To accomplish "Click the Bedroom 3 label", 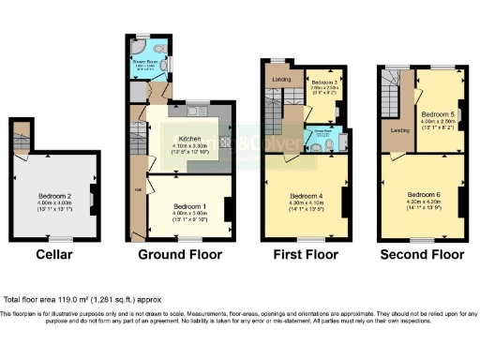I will pos(324,82).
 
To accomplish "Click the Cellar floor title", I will pos(54,254).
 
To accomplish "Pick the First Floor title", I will pos(305,254).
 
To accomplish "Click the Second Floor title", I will pos(422,254).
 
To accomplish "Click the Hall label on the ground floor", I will pos(139,194).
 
